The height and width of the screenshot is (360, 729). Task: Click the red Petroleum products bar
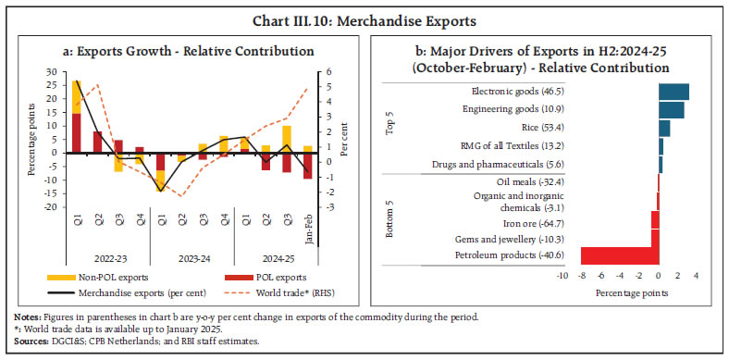[619, 255]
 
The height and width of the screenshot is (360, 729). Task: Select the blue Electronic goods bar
[673, 92]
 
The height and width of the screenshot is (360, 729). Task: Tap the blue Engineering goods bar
[671, 110]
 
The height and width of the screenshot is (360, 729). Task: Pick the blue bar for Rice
[664, 128]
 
